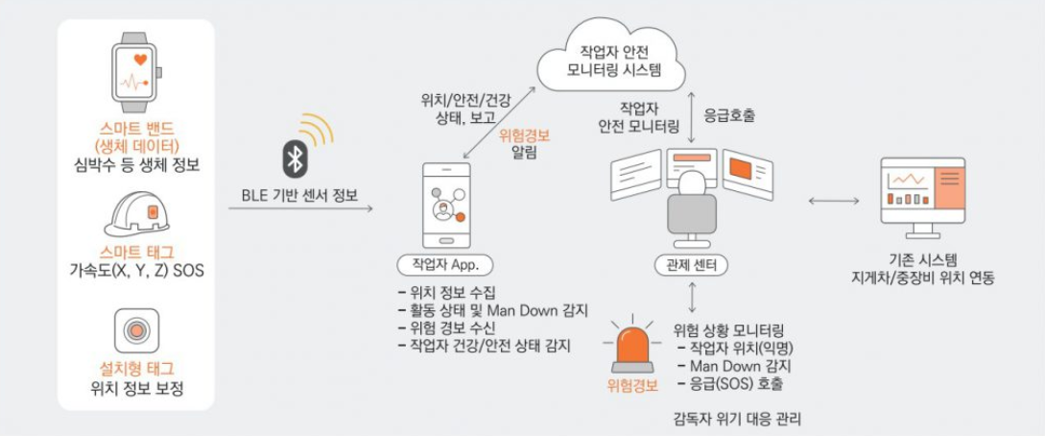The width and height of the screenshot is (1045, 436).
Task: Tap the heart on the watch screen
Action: point(140,60)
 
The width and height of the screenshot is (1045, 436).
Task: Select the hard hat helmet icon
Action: point(136,212)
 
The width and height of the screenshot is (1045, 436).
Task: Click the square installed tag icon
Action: point(136,330)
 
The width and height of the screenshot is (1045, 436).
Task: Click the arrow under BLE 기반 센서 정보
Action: point(300,209)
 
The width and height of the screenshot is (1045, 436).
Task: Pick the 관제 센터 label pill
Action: point(692,266)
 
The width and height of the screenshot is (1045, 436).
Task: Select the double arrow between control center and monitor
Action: point(833,201)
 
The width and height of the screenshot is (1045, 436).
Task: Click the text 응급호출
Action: point(729,116)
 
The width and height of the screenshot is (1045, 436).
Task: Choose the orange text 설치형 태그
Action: point(136,369)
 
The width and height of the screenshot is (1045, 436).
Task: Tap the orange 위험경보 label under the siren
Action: point(633,385)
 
